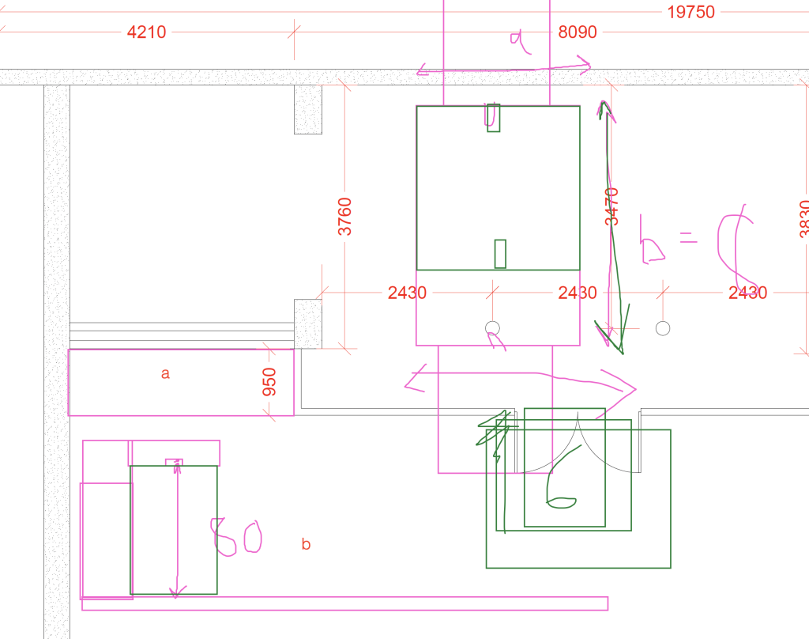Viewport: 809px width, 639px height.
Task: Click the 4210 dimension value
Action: click(x=146, y=32)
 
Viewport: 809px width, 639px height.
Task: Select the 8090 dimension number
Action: click(x=578, y=32)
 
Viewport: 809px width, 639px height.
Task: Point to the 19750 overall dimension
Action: click(x=690, y=12)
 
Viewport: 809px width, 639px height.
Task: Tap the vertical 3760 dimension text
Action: click(x=345, y=216)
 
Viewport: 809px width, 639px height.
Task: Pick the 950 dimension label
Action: click(x=270, y=382)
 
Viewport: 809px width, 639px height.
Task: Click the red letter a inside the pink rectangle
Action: click(x=165, y=373)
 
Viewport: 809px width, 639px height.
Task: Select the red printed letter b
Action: click(x=306, y=544)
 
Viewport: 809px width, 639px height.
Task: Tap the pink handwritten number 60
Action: click(x=235, y=537)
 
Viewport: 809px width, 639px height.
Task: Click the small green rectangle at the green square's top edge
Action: click(x=493, y=117)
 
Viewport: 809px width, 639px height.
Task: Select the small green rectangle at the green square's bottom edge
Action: click(x=500, y=254)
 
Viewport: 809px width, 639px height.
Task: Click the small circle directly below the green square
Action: click(x=493, y=328)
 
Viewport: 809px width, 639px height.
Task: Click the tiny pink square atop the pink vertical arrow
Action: click(x=173, y=462)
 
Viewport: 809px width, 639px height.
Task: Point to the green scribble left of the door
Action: click(x=493, y=434)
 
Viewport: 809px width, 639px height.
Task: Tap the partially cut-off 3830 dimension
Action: click(x=803, y=217)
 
